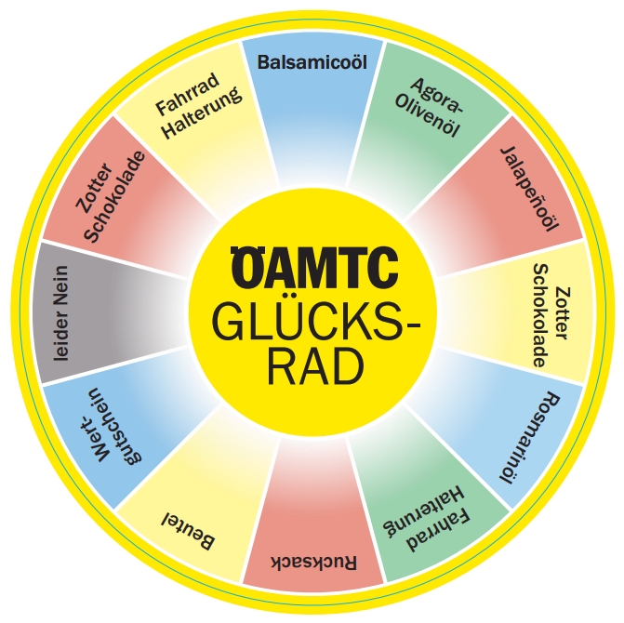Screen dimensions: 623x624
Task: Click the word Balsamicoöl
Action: [x=312, y=61]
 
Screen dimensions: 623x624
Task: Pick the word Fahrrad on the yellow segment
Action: [x=186, y=93]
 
